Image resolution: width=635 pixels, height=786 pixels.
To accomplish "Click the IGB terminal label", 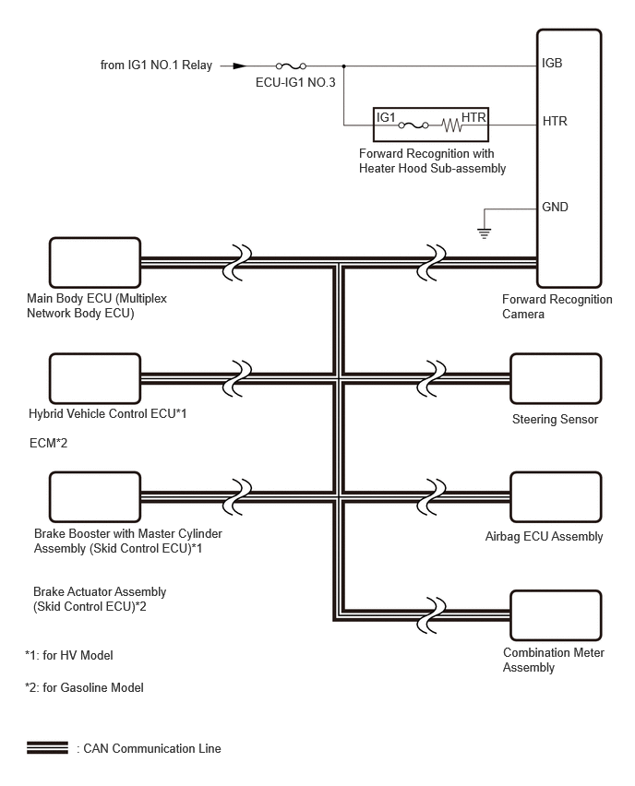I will [x=553, y=65].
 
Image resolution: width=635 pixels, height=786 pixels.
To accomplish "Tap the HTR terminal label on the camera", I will [x=555, y=121].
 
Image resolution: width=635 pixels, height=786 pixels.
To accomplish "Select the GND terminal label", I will [x=556, y=207].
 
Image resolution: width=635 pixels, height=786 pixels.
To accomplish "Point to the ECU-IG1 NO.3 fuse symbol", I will [x=292, y=65].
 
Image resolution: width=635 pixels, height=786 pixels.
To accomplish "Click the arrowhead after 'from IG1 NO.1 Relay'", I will [x=239, y=65].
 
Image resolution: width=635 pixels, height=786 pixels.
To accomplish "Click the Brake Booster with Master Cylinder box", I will [x=95, y=498].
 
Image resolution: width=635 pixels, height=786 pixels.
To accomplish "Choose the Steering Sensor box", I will [x=556, y=378].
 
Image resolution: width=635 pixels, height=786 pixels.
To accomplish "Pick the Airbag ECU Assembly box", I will [x=556, y=498].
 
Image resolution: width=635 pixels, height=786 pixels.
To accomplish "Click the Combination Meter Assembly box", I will [x=556, y=613].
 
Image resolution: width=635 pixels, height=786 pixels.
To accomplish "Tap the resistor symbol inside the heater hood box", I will [x=451, y=123].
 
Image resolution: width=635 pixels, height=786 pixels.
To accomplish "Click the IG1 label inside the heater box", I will [x=386, y=117].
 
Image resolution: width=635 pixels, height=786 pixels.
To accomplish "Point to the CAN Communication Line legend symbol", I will [x=47, y=747].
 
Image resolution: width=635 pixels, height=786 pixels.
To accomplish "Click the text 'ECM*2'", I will [x=49, y=444].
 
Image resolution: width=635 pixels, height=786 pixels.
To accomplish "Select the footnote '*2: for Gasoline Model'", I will [x=85, y=687].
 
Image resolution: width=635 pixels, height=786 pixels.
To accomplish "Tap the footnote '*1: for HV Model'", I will [x=69, y=655].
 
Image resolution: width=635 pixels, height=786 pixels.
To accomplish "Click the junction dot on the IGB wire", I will [x=343, y=65].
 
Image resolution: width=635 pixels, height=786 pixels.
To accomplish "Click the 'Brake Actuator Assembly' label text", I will [x=100, y=591].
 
